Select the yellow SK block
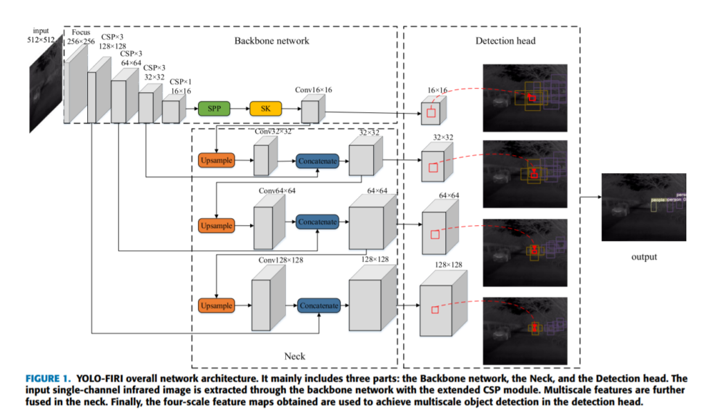tap(266, 109)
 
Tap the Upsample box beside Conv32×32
tap(216, 161)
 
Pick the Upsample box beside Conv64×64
tap(216, 226)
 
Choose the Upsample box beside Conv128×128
tap(216, 305)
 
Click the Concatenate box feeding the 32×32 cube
tap(317, 161)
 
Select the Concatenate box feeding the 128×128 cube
tap(318, 305)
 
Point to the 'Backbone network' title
tap(271, 41)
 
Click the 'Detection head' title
tap(505, 41)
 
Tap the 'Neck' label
tap(294, 356)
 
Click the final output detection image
tap(643, 206)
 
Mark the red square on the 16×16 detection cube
tap(431, 113)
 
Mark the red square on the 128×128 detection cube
tap(434, 309)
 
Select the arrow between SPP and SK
tap(240, 109)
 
